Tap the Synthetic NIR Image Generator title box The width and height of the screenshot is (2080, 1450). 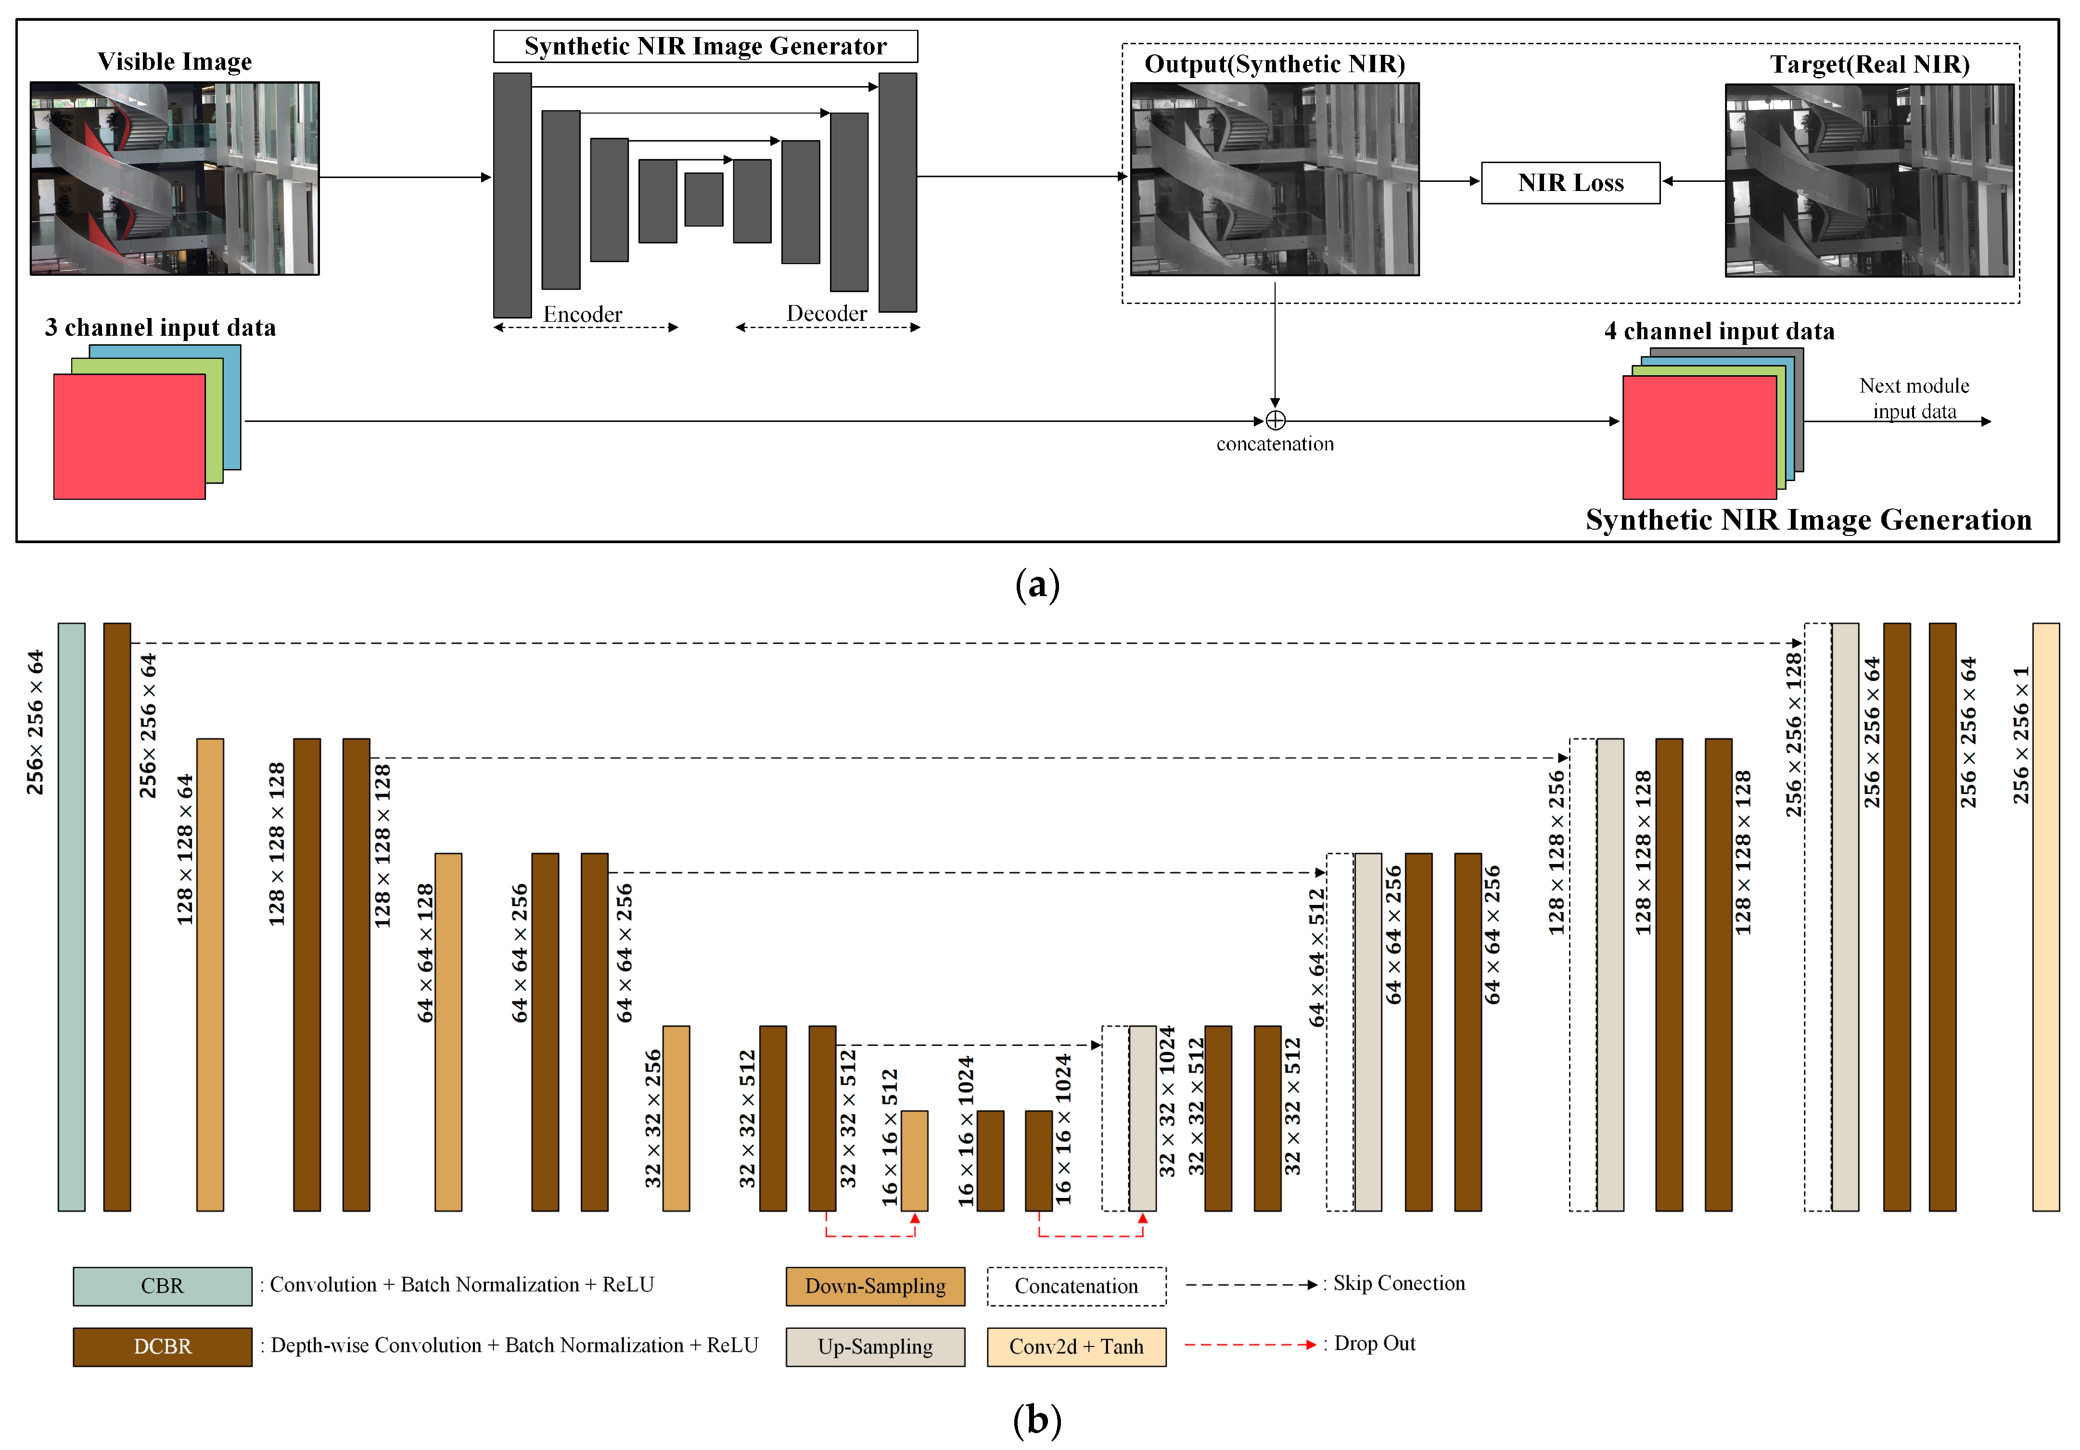point(705,46)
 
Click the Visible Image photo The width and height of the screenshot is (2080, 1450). point(175,178)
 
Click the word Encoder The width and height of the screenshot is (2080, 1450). point(583,314)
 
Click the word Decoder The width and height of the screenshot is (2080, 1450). point(826,313)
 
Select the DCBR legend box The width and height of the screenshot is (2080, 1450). point(162,1346)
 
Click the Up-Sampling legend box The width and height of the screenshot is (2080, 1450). point(875,1346)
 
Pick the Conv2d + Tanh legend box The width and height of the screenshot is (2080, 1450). point(1076,1346)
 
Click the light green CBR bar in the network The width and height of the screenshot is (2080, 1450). point(72,916)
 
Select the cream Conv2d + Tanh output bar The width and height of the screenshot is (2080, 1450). point(2045,916)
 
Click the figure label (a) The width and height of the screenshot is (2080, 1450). point(1037,584)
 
